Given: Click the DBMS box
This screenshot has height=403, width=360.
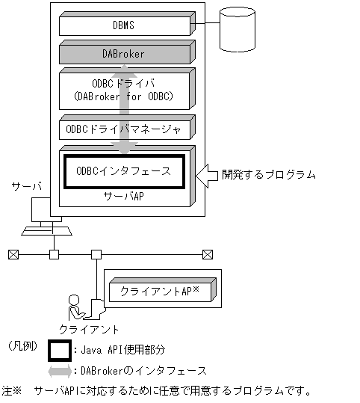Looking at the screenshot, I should tap(124, 25).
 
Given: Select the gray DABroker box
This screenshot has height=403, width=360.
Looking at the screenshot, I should tap(124, 54).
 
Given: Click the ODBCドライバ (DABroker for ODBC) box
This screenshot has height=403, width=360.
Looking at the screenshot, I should tap(124, 89).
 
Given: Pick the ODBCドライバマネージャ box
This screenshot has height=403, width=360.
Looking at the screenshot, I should tap(124, 129).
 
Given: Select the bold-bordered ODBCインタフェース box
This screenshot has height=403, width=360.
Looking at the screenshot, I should tap(124, 171).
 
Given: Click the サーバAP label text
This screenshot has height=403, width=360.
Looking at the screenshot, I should tap(124, 196).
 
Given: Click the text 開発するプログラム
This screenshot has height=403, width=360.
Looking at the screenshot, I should tap(268, 175).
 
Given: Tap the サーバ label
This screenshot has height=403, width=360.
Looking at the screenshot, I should tap(25, 186).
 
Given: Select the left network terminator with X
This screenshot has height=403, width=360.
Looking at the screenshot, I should tap(13, 254).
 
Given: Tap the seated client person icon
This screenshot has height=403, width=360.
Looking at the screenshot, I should tap(78, 307).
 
